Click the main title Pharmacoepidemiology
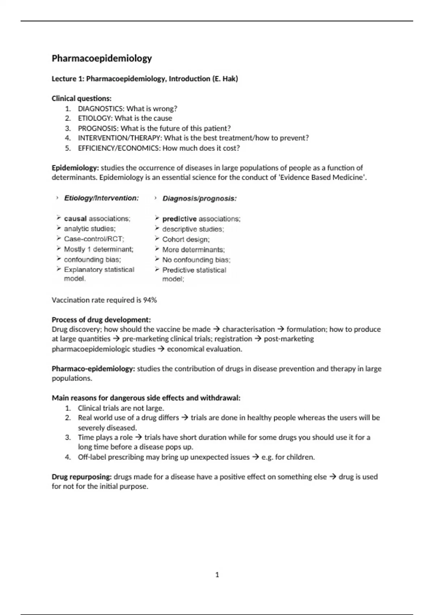102,58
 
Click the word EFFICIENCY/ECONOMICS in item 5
118,148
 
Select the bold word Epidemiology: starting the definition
75,168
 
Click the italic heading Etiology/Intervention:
101,198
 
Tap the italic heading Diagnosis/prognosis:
199,199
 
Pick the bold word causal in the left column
75,219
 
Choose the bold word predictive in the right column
179,219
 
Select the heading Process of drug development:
101,320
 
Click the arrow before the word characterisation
217,329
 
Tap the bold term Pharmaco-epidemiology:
93,369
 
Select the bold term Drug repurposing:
82,477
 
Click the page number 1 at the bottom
217,574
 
